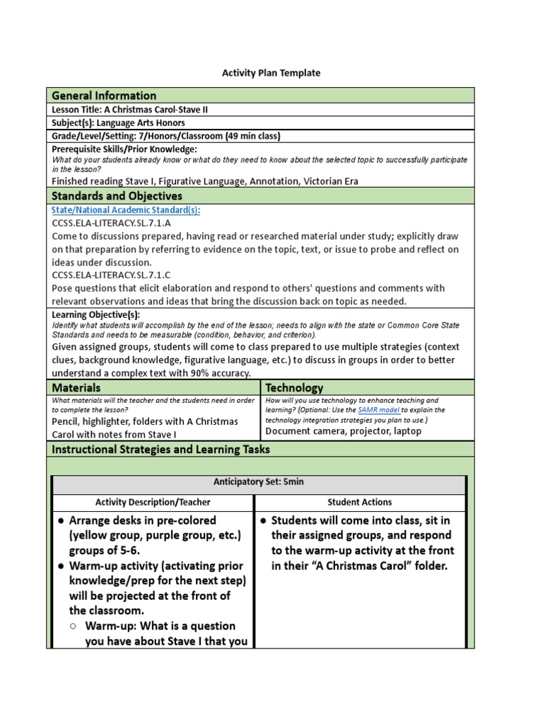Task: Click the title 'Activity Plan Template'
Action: [271, 73]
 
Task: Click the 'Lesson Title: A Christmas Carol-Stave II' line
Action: [130, 110]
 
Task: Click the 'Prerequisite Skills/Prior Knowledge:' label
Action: [124, 149]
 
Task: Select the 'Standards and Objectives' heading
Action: [117, 196]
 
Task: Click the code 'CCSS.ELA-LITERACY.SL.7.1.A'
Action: [111, 223]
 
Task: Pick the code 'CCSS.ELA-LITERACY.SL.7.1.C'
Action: [111, 275]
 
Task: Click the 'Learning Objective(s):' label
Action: [96, 314]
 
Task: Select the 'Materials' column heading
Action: [76, 388]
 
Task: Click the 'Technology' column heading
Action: [294, 388]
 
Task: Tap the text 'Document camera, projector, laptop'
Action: [344, 430]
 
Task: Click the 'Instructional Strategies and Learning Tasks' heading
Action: [160, 450]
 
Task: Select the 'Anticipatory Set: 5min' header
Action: [259, 481]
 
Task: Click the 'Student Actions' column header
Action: [359, 502]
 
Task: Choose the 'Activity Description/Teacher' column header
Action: [153, 502]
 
